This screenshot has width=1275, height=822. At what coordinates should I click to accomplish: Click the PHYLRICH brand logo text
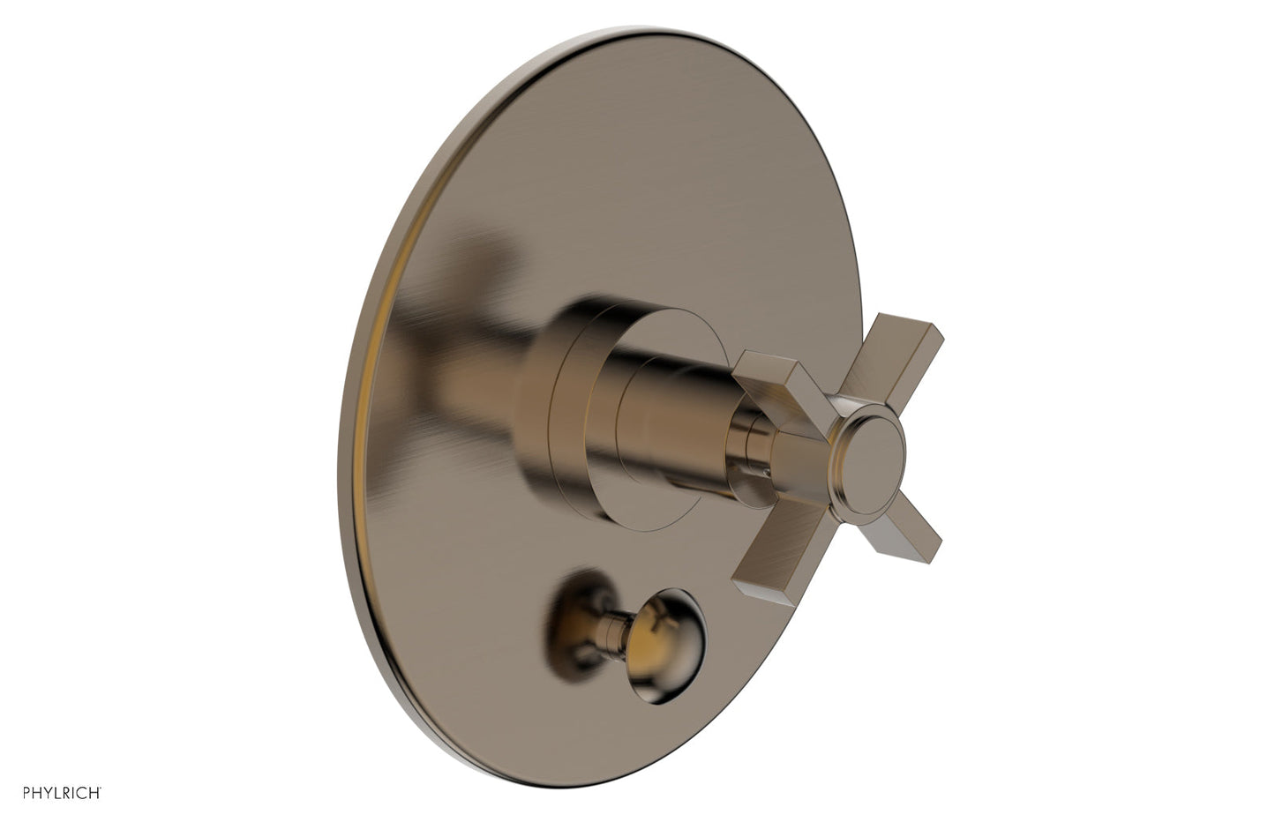tap(62, 793)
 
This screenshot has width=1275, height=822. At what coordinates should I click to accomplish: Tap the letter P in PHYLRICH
tap(26, 793)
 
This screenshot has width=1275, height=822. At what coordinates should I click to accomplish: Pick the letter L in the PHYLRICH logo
tap(56, 793)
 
